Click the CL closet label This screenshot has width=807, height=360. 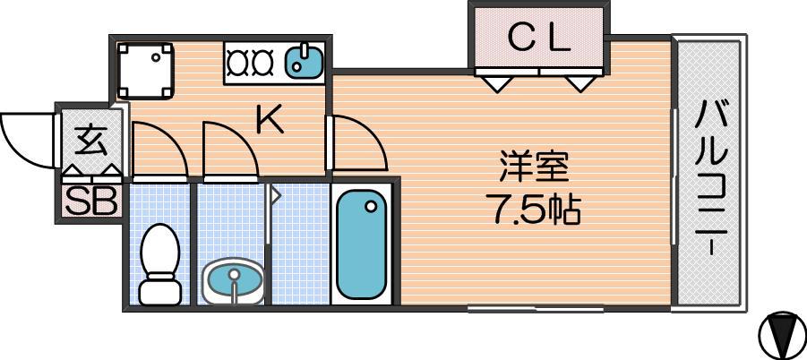[538, 39]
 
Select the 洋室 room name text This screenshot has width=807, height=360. [534, 166]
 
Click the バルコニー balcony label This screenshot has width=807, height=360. [711, 178]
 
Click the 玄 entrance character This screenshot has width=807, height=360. [91, 141]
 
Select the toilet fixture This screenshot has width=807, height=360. [160, 264]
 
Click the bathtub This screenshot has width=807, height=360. [361, 244]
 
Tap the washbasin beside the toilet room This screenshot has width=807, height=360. [234, 281]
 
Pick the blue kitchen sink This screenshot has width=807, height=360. [305, 60]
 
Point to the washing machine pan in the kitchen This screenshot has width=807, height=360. [145, 71]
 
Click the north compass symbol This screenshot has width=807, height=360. [781, 334]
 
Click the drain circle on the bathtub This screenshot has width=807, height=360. [371, 207]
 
